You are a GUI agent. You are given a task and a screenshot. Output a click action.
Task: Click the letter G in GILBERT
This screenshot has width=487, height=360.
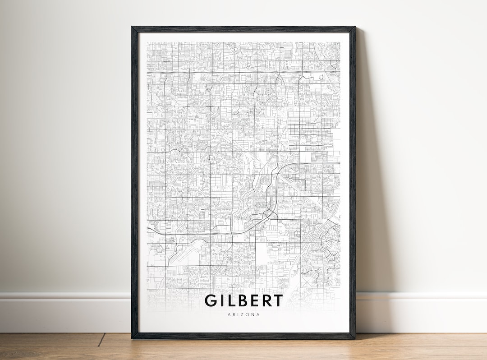(x=211, y=300)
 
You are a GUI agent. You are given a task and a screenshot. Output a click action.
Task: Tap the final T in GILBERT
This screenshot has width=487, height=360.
(x=280, y=300)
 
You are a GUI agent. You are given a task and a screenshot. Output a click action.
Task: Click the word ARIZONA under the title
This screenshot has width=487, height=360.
(x=243, y=314)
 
